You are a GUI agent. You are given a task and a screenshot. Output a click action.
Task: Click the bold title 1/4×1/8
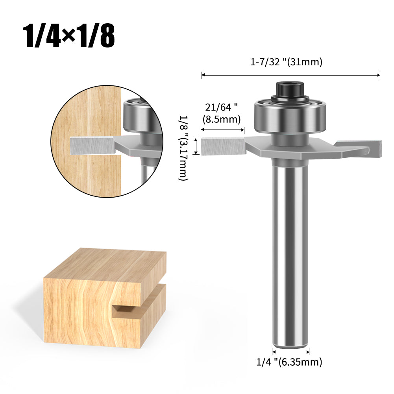pos(69,36)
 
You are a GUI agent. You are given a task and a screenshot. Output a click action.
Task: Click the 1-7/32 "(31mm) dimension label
pos(286,62)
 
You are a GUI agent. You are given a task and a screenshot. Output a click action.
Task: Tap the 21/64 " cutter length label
pos(221,107)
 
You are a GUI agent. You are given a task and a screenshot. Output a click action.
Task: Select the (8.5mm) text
pos(222,119)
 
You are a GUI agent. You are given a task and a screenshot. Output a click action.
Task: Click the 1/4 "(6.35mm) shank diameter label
pos(289,362)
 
